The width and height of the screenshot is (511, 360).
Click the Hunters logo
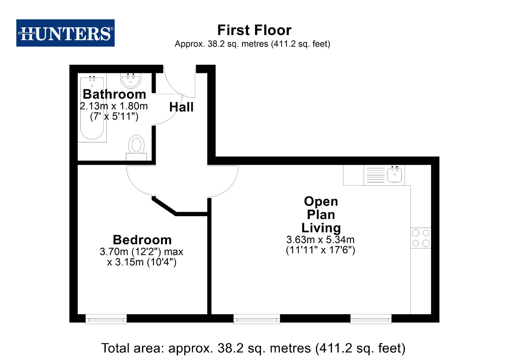click(65, 33)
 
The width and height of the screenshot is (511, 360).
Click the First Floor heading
click(254, 30)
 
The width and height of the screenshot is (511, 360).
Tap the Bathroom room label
click(114, 94)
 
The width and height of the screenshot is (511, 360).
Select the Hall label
click(181, 107)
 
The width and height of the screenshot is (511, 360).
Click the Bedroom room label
click(142, 240)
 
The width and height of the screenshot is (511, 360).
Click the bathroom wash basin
click(131, 80)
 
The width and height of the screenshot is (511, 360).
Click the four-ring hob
click(421, 238)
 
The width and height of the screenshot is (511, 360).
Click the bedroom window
click(106, 319)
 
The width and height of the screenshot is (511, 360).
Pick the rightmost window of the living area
click(371, 319)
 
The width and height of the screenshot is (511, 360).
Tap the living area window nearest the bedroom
click(257, 319)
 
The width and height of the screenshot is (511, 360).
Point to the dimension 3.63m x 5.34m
click(320, 240)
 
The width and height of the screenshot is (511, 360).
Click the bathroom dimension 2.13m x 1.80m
click(114, 106)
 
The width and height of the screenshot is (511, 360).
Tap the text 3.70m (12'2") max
click(141, 252)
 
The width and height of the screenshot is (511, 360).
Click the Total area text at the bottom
click(253, 348)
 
